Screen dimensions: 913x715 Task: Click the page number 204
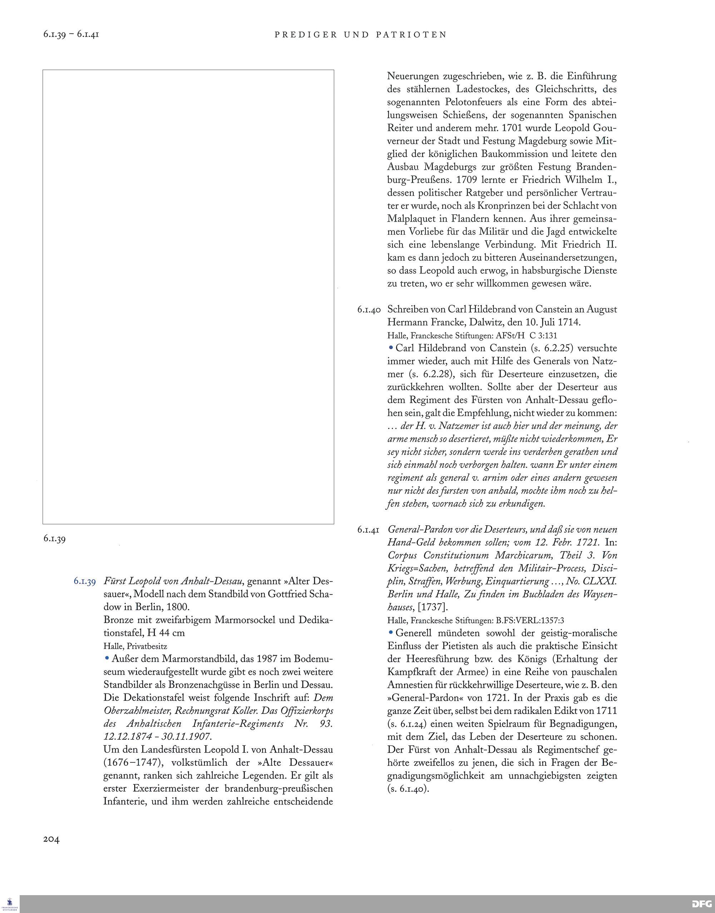(51, 839)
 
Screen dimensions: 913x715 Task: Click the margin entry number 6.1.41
(368, 530)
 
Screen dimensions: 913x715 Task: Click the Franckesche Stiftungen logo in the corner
(10, 903)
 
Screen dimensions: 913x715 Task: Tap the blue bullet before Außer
(107, 658)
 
